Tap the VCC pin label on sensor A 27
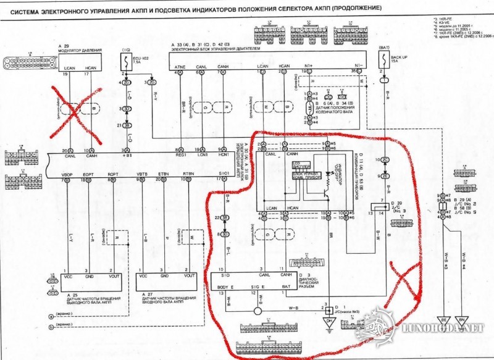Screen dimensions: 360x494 pyautogui.click(x=143, y=277)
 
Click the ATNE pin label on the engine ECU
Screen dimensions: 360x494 pyautogui.click(x=180, y=65)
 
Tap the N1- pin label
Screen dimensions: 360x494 pyautogui.click(x=357, y=65)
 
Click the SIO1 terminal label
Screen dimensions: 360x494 pyautogui.click(x=223, y=174)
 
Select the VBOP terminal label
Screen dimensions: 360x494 pyautogui.click(x=67, y=174)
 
